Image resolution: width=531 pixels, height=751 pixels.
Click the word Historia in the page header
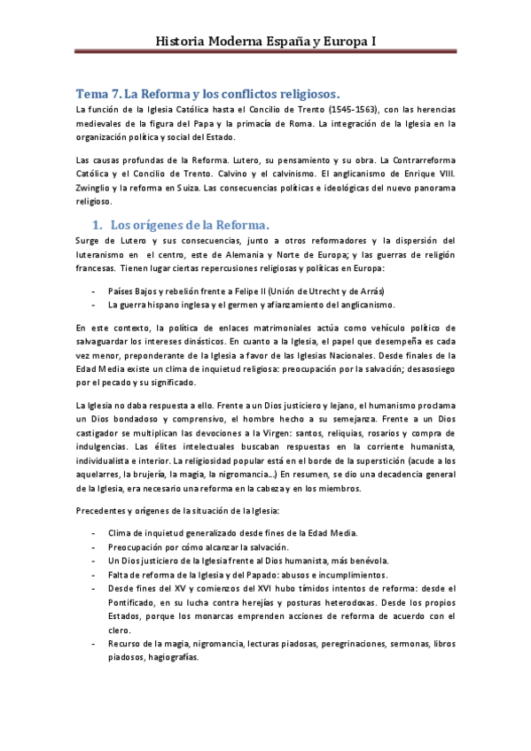pos(183,41)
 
